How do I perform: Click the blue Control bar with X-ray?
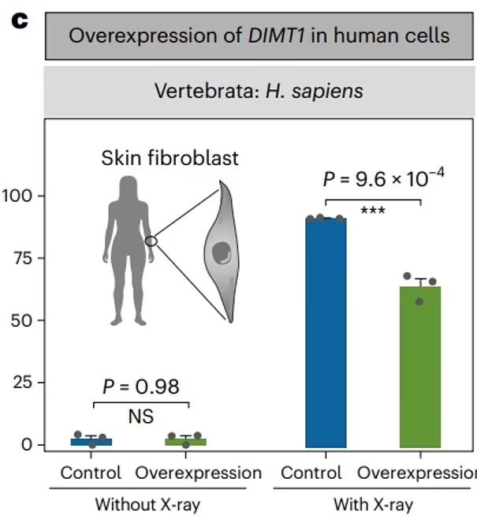326,331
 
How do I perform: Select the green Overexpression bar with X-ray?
419,367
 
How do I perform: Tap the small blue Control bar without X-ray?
91,442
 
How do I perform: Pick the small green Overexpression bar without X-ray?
186,442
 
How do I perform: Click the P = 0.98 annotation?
141,387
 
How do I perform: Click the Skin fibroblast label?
170,158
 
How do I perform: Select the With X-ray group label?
372,503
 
